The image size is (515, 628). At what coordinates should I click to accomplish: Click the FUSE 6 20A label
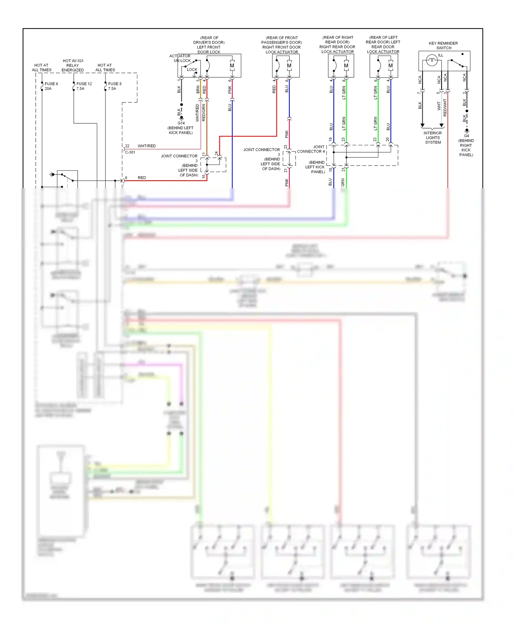pyautogui.click(x=51, y=86)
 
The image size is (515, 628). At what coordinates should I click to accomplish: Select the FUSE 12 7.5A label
pyautogui.click(x=84, y=86)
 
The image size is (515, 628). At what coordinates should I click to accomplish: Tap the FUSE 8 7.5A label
pyautogui.click(x=115, y=86)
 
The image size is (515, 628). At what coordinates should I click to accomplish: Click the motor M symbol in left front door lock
pyautogui.click(x=232, y=66)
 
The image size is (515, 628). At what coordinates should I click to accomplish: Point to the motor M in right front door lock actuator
pyautogui.click(x=289, y=66)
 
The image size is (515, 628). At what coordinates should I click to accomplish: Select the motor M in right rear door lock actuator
pyautogui.click(x=346, y=66)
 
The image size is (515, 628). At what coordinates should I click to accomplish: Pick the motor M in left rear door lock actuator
pyautogui.click(x=390, y=66)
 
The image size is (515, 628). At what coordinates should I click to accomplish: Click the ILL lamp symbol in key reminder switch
pyautogui.click(x=432, y=61)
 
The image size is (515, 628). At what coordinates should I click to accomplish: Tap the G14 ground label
pyautogui.click(x=181, y=123)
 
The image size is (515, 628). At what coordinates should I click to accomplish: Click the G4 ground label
pyautogui.click(x=466, y=136)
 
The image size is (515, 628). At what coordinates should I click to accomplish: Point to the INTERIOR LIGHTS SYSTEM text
pyautogui.click(x=433, y=137)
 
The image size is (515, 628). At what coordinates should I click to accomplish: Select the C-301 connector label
pyautogui.click(x=130, y=152)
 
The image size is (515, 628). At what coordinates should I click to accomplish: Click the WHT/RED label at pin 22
pyautogui.click(x=147, y=146)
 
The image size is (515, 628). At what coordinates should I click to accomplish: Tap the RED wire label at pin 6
pyautogui.click(x=142, y=178)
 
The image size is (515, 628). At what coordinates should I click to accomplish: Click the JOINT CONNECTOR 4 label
pyautogui.click(x=311, y=149)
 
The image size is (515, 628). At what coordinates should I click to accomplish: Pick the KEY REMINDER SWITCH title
pyautogui.click(x=443, y=45)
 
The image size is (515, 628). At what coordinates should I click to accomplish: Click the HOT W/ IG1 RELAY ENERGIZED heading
pyautogui.click(x=73, y=65)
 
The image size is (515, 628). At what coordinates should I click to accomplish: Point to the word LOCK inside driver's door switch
pyautogui.click(x=192, y=69)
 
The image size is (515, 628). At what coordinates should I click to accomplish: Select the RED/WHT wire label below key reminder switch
pyautogui.click(x=445, y=108)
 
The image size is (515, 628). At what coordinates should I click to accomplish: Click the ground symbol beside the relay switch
pyautogui.click(x=52, y=175)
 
